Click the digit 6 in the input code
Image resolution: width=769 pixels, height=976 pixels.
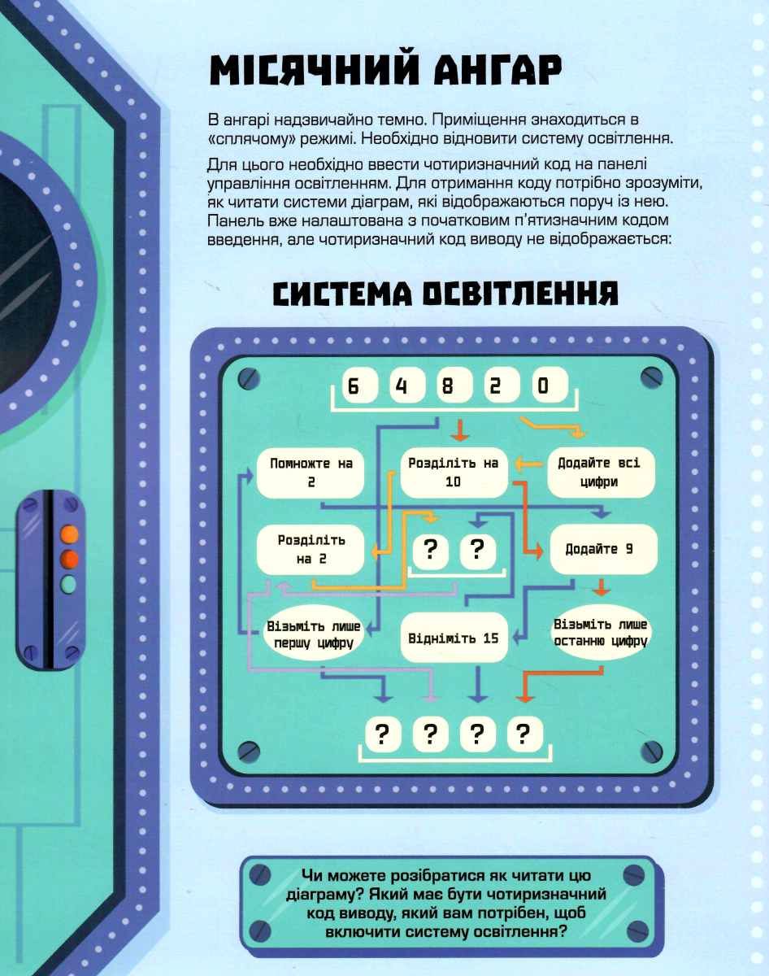tap(354, 386)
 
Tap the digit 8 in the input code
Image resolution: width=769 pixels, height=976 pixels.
tap(448, 386)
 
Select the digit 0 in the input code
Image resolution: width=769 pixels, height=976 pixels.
tap(543, 386)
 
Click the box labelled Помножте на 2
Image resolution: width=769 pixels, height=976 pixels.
tap(311, 473)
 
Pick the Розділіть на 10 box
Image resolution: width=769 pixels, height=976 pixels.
tap(454, 473)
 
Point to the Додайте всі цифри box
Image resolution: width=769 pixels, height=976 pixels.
tap(601, 472)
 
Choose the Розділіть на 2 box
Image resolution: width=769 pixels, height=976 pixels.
tap(311, 550)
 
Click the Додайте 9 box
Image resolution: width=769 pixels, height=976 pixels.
tap(603, 550)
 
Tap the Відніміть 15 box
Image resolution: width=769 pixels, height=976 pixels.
tap(454, 638)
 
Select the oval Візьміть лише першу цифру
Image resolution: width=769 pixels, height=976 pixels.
tap(314, 635)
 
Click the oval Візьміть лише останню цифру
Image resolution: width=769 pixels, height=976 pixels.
tap(601, 633)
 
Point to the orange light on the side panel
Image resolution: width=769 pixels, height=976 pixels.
tap(69, 534)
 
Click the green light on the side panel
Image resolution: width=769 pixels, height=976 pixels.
tap(69, 584)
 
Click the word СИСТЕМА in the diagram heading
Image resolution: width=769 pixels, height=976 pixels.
tap(343, 294)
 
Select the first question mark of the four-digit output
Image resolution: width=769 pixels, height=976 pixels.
tap(383, 734)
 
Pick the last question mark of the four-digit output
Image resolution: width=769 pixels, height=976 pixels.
tap(524, 734)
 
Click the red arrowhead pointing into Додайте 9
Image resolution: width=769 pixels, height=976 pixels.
tap(537, 551)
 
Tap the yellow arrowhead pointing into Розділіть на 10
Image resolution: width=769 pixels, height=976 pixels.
tap(520, 464)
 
